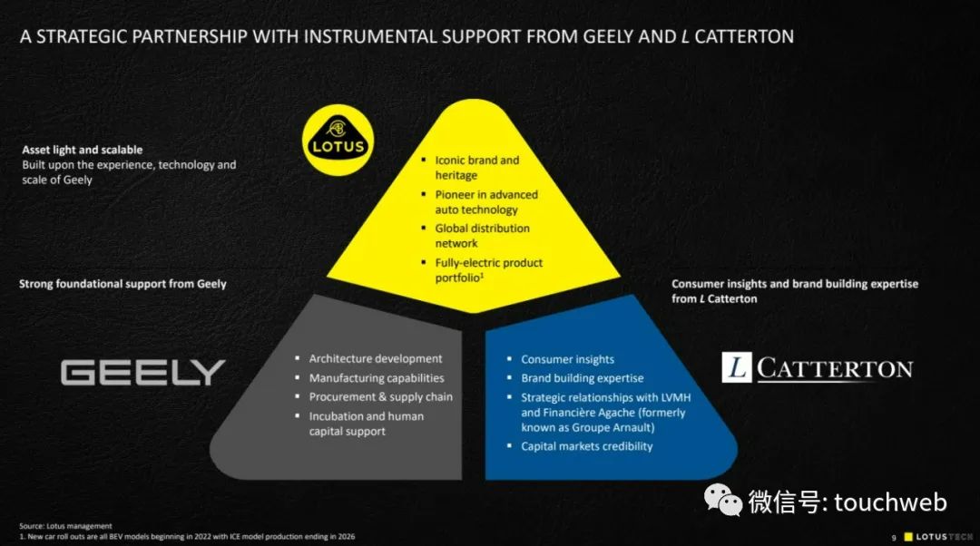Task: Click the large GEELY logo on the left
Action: pyautogui.click(x=142, y=372)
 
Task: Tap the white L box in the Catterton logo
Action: pyautogui.click(x=736, y=367)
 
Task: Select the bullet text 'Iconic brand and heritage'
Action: pyautogui.click(x=476, y=168)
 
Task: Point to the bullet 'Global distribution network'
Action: pyautogui.click(x=482, y=236)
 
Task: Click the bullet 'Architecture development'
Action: pyautogui.click(x=376, y=359)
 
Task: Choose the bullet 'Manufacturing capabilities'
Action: pyautogui.click(x=377, y=378)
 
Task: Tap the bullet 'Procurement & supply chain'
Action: pyautogui.click(x=380, y=397)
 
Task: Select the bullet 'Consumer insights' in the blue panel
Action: pyautogui.click(x=567, y=360)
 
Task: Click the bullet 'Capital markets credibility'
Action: pyautogui.click(x=586, y=446)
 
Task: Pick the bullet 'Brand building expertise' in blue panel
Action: pyautogui.click(x=582, y=378)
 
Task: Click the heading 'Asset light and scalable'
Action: pyautogui.click(x=83, y=150)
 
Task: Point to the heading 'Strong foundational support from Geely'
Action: pyautogui.click(x=122, y=284)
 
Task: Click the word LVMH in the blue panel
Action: pyautogui.click(x=669, y=397)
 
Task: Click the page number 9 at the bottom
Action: pyautogui.click(x=894, y=536)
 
